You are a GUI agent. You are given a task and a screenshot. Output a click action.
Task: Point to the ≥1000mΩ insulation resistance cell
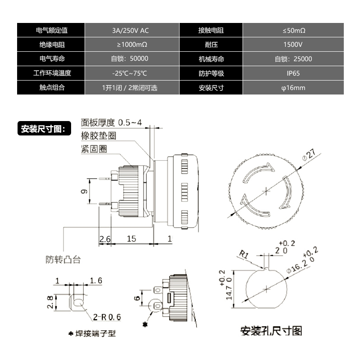pyautogui.click(x=132, y=45)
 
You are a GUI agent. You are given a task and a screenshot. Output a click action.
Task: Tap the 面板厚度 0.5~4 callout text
pyautogui.click(x=112, y=122)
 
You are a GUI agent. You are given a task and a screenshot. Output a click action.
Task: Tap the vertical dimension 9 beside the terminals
pyautogui.click(x=84, y=191)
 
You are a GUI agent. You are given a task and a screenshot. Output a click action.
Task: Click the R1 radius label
pyautogui.click(x=244, y=255)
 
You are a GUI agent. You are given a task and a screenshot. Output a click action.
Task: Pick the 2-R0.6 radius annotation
pyautogui.click(x=108, y=317)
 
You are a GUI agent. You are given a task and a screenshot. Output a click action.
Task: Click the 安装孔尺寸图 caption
pyautogui.click(x=271, y=331)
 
